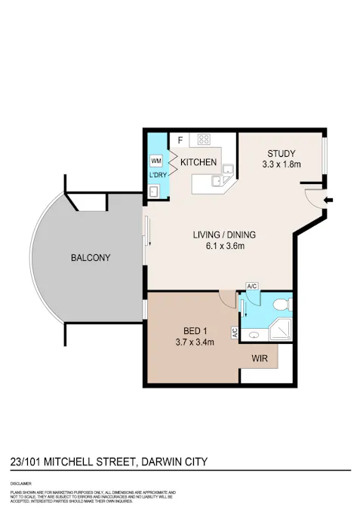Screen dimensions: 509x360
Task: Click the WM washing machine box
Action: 155,161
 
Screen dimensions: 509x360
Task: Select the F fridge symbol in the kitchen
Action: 180,140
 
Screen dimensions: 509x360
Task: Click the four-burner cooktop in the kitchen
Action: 203,140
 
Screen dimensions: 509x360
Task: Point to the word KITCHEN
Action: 198,162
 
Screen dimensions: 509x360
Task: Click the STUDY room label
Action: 281,153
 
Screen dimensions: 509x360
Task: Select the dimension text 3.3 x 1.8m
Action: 281,164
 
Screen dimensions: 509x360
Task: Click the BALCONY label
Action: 91,258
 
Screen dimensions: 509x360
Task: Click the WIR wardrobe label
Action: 260,358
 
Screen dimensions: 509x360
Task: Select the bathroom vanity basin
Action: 254,333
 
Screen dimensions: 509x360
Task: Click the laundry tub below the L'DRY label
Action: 154,192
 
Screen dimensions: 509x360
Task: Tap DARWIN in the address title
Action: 163,461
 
